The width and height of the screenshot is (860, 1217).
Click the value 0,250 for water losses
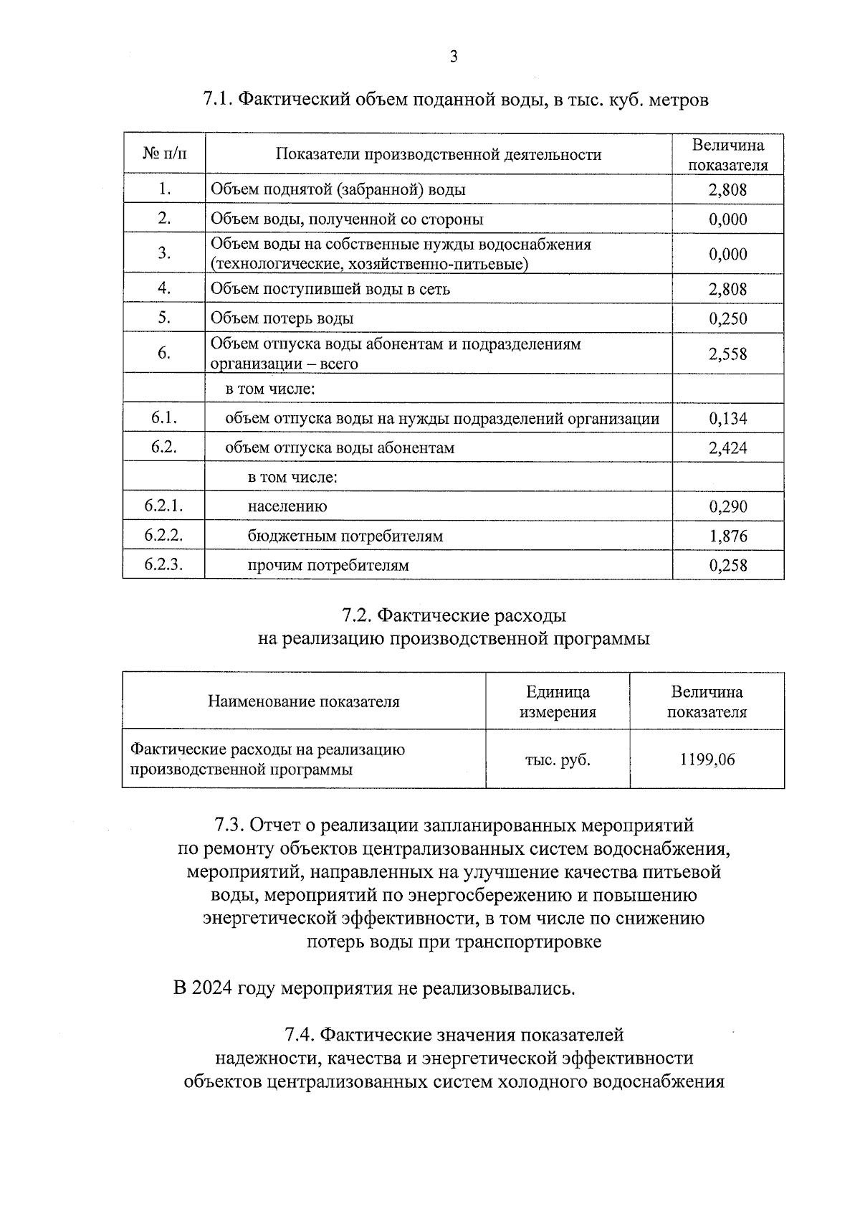(727, 319)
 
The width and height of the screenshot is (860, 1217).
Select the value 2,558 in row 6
(727, 354)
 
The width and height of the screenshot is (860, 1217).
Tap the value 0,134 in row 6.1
(727, 419)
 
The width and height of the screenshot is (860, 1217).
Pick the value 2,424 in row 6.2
(727, 448)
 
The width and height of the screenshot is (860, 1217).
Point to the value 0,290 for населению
(727, 507)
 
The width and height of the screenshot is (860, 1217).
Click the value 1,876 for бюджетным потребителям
(727, 536)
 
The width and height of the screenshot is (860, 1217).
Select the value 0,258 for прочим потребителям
(727, 566)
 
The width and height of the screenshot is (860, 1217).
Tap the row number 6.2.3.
(163, 564)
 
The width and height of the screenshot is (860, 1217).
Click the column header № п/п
(164, 154)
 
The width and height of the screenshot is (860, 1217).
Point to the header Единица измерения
(558, 702)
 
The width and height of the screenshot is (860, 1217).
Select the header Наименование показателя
(303, 702)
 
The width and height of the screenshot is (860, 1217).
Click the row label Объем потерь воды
(282, 318)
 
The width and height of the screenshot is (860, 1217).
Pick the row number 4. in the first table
(164, 288)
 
